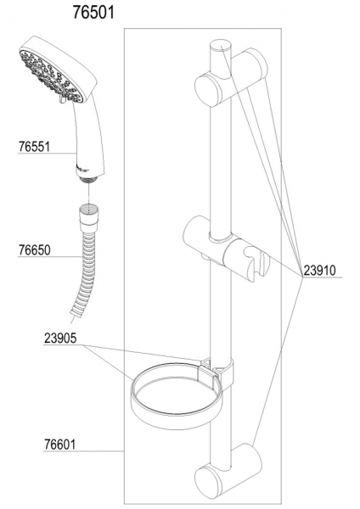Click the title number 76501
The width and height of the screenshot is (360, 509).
pos(93,13)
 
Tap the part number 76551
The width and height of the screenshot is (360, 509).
pos(34,147)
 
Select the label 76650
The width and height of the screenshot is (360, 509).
pos(34,250)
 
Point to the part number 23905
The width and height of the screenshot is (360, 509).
pos(60,338)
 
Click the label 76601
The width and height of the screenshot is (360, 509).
pos(59,445)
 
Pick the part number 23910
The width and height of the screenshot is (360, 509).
pos(319,270)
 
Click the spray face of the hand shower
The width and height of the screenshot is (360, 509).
pos(51,77)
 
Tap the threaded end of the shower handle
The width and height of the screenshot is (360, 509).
pos(89,181)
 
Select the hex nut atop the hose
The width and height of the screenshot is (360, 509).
pos(89,216)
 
